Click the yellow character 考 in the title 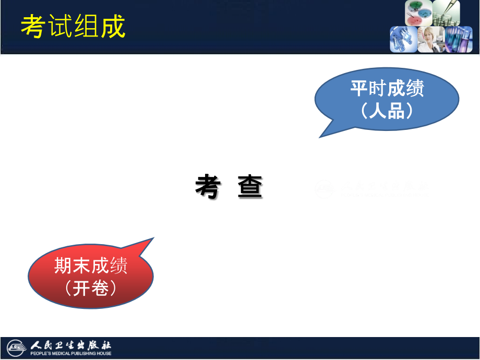[x=32, y=26]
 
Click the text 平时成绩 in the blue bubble [x=387, y=89]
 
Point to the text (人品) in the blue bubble [x=387, y=110]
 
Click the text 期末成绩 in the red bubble [x=91, y=267]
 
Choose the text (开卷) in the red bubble [x=91, y=288]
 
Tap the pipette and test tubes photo [x=447, y=13]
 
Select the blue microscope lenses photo [x=403, y=40]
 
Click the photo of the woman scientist [x=431, y=40]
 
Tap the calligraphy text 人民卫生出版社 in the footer [x=71, y=345]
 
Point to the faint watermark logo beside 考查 [x=325, y=189]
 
